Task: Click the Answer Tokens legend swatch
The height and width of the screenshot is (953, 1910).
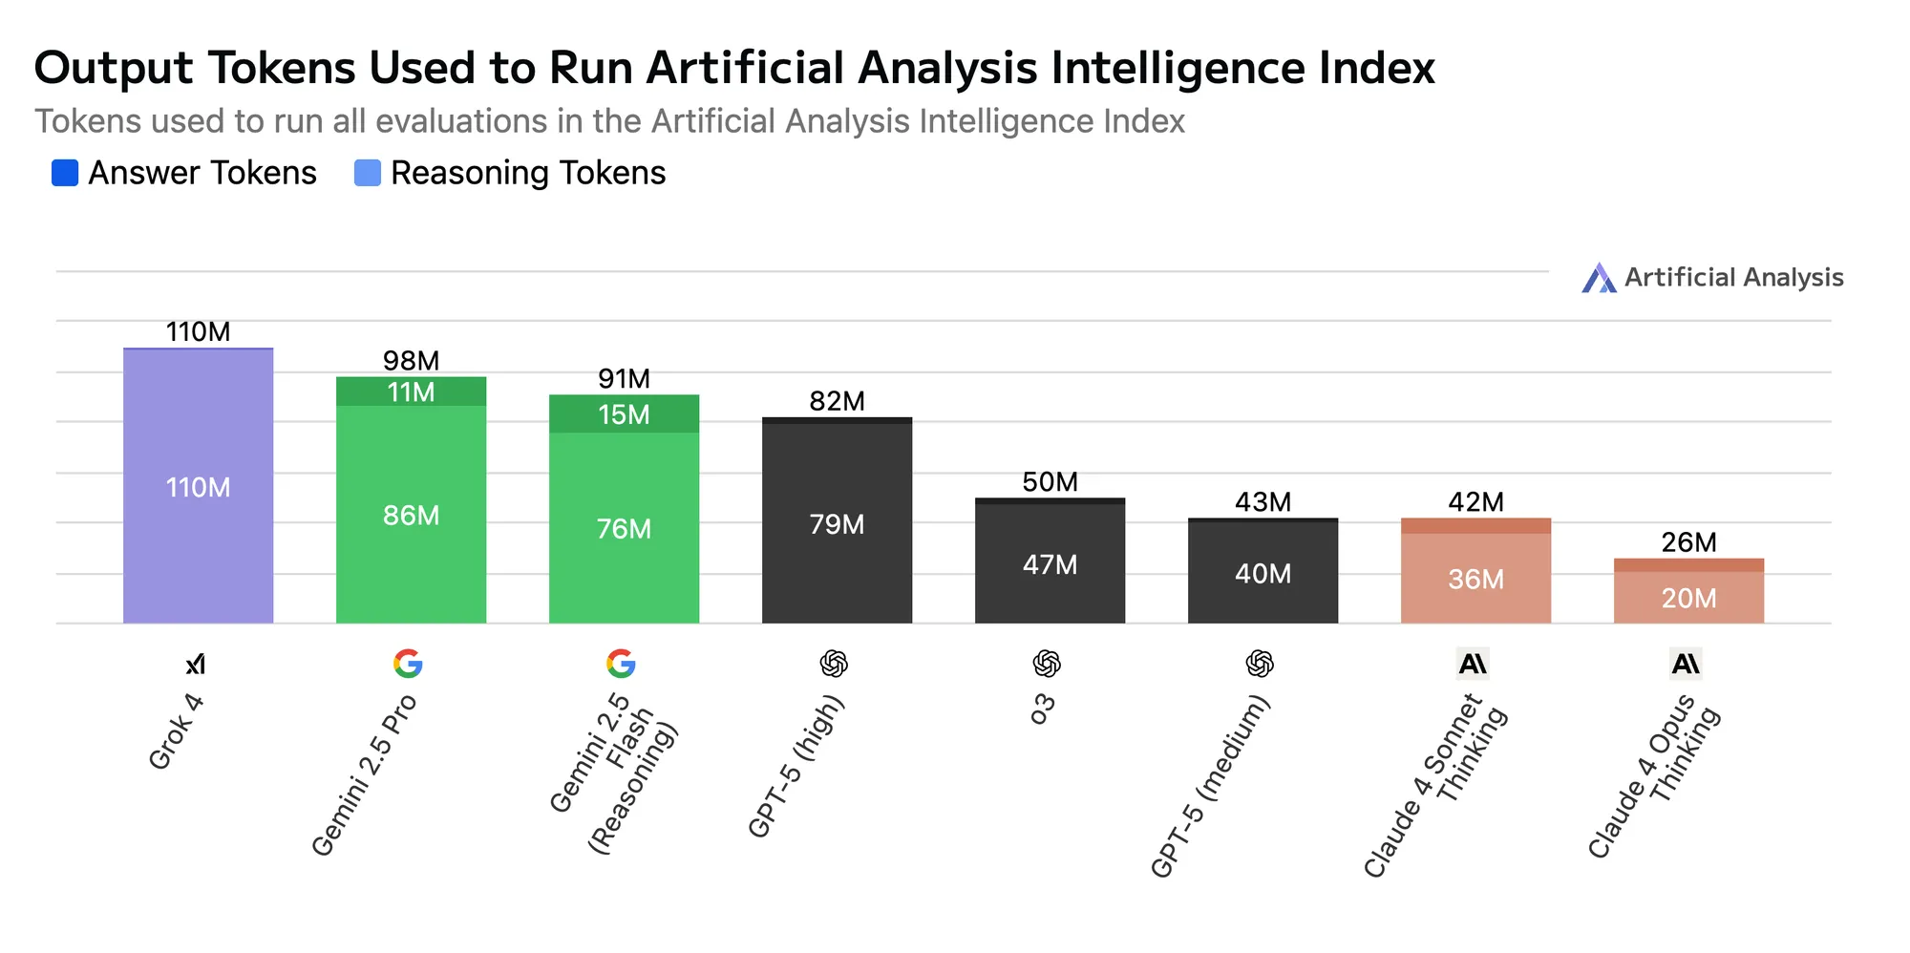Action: pos(65,173)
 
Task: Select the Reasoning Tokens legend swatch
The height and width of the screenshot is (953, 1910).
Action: pos(368,173)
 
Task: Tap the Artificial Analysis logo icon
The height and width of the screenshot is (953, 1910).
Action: pos(1599,278)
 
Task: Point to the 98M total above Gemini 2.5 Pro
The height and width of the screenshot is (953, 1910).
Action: pos(411,361)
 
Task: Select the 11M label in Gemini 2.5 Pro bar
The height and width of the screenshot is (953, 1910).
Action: pos(411,392)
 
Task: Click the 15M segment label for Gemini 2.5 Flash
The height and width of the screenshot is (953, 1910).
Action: pos(624,414)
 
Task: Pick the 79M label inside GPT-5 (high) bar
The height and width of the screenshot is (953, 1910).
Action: pos(837,524)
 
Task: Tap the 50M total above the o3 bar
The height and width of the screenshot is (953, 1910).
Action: pos(1050,482)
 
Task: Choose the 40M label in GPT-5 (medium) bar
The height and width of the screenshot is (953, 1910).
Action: pos(1263,574)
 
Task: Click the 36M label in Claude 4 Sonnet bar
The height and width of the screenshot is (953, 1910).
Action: pos(1475,580)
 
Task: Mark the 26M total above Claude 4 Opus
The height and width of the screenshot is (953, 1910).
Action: pos(1688,542)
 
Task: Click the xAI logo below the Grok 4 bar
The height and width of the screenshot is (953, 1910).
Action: pos(196,664)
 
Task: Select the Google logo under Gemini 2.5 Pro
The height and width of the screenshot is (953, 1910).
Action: pos(408,664)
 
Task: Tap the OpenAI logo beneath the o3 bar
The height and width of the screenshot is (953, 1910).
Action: pos(1047,664)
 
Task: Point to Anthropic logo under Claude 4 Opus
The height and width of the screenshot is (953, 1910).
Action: pos(1686,664)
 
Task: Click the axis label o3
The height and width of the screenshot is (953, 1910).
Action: pos(1043,709)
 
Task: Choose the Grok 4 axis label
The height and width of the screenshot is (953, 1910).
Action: pos(177,731)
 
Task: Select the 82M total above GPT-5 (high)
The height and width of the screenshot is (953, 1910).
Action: pos(837,401)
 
